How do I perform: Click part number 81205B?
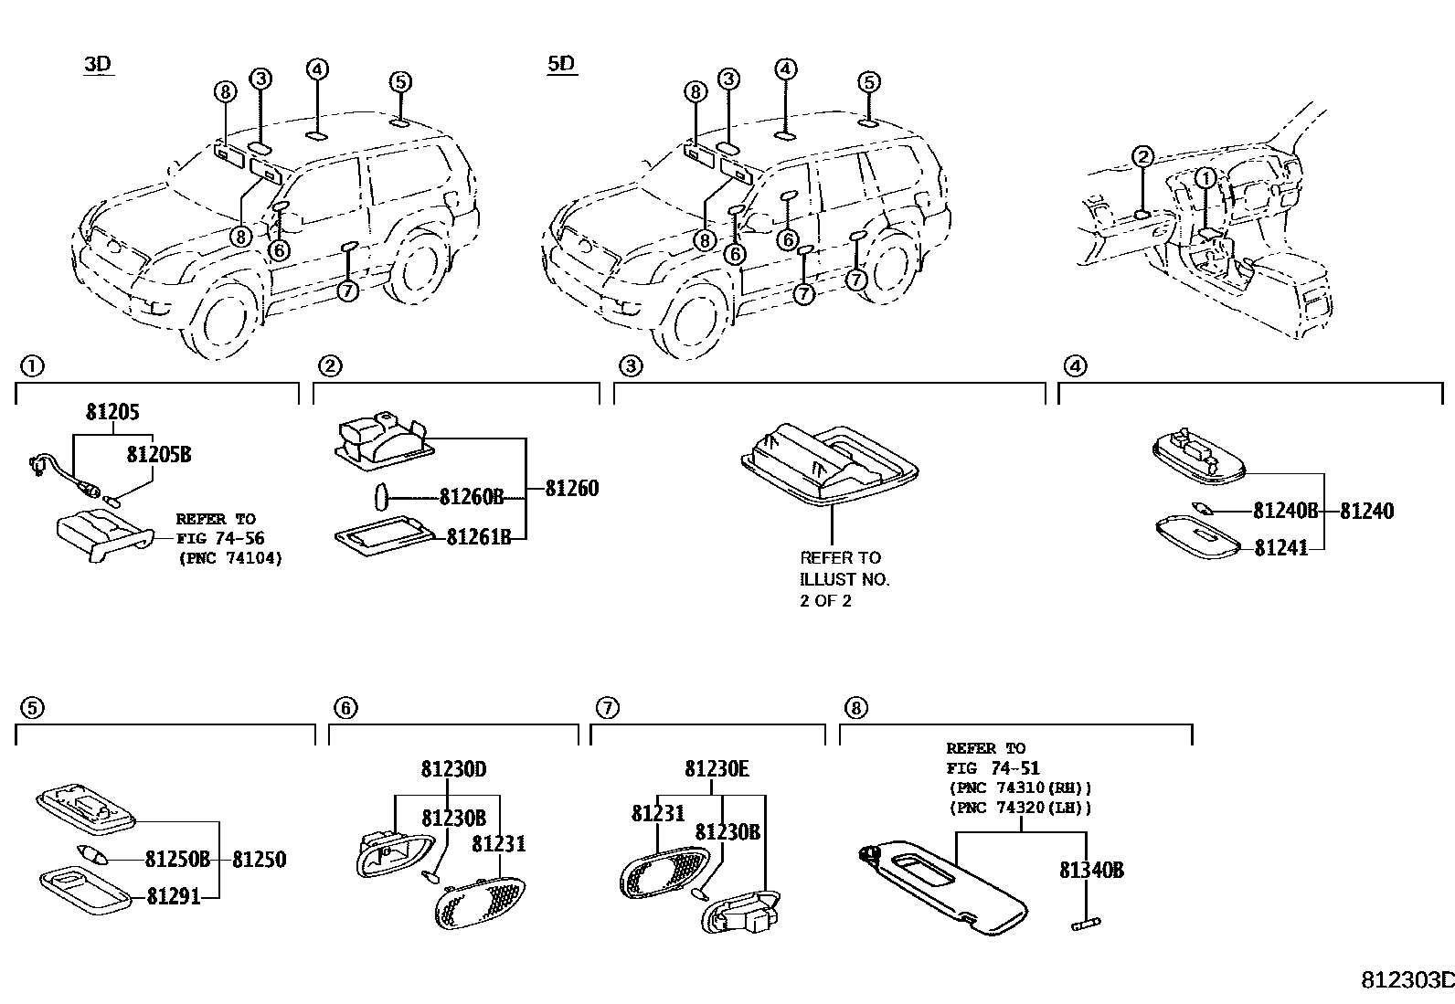point(158,454)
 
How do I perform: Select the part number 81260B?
point(471,497)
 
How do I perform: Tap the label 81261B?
point(478,537)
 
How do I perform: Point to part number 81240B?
point(1285,511)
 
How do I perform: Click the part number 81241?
point(1280,547)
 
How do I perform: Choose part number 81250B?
point(177,859)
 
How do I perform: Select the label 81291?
point(174,897)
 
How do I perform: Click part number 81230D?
point(453,769)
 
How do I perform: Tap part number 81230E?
point(717,769)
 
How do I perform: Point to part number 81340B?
point(1091,870)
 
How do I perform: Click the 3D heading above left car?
point(96,64)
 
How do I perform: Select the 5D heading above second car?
point(561,64)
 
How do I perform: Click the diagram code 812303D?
point(1407,980)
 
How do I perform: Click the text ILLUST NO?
point(844,579)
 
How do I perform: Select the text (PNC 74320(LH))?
point(1020,808)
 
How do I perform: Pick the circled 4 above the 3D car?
point(316,69)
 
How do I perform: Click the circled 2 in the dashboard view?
point(1142,156)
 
